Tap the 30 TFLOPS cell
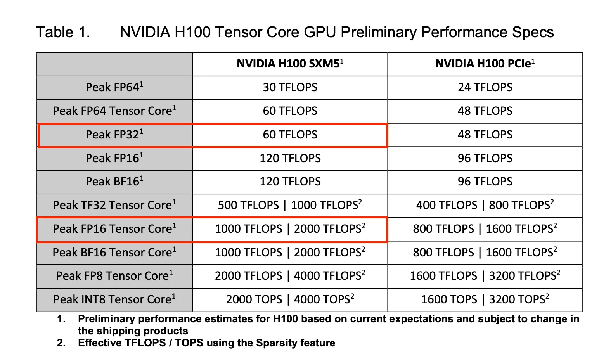(x=290, y=87)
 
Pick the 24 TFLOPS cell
(x=485, y=87)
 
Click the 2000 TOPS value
(x=254, y=299)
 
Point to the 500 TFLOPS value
(x=248, y=205)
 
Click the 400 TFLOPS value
(x=447, y=205)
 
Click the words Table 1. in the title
(x=63, y=32)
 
